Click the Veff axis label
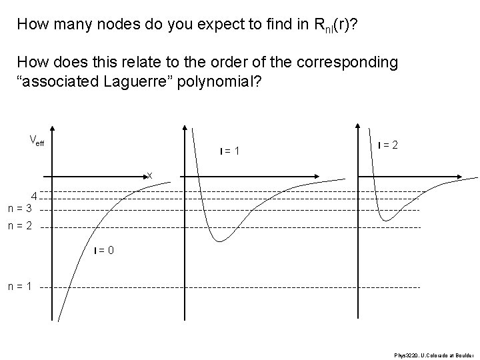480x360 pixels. (37, 140)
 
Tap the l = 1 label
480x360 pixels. (230, 151)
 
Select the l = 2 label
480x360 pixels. (389, 145)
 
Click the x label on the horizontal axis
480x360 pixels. (150, 175)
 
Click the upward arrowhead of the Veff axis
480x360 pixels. (53, 129)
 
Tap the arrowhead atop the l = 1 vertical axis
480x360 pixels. (185, 128)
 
